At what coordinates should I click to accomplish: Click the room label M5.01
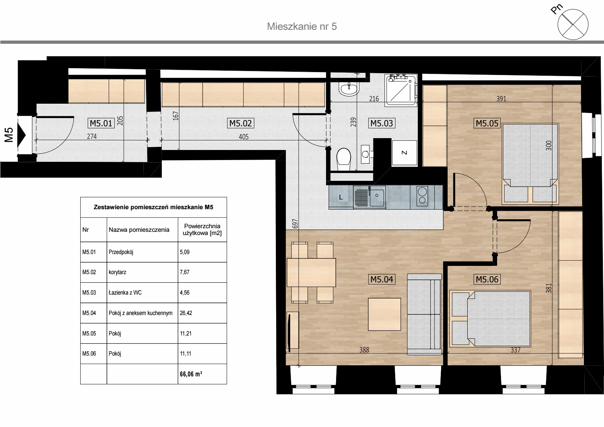101,123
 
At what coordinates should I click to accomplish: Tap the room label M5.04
382,279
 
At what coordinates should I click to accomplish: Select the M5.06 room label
487,279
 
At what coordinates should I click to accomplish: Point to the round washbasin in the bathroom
349,89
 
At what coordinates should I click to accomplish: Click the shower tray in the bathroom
401,90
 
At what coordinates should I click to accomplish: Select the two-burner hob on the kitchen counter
422,195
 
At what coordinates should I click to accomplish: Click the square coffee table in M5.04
384,314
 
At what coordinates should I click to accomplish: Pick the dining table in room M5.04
311,272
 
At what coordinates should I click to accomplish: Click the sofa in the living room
424,314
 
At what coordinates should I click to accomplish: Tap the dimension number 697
295,224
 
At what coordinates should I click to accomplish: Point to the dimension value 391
501,99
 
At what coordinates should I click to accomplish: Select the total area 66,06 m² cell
202,374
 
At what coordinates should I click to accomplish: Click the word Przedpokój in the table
121,252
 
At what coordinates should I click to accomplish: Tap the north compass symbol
573,24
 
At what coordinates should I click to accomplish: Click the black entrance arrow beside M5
22,135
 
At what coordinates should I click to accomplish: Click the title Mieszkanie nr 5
302,27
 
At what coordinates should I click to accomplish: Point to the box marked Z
405,152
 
